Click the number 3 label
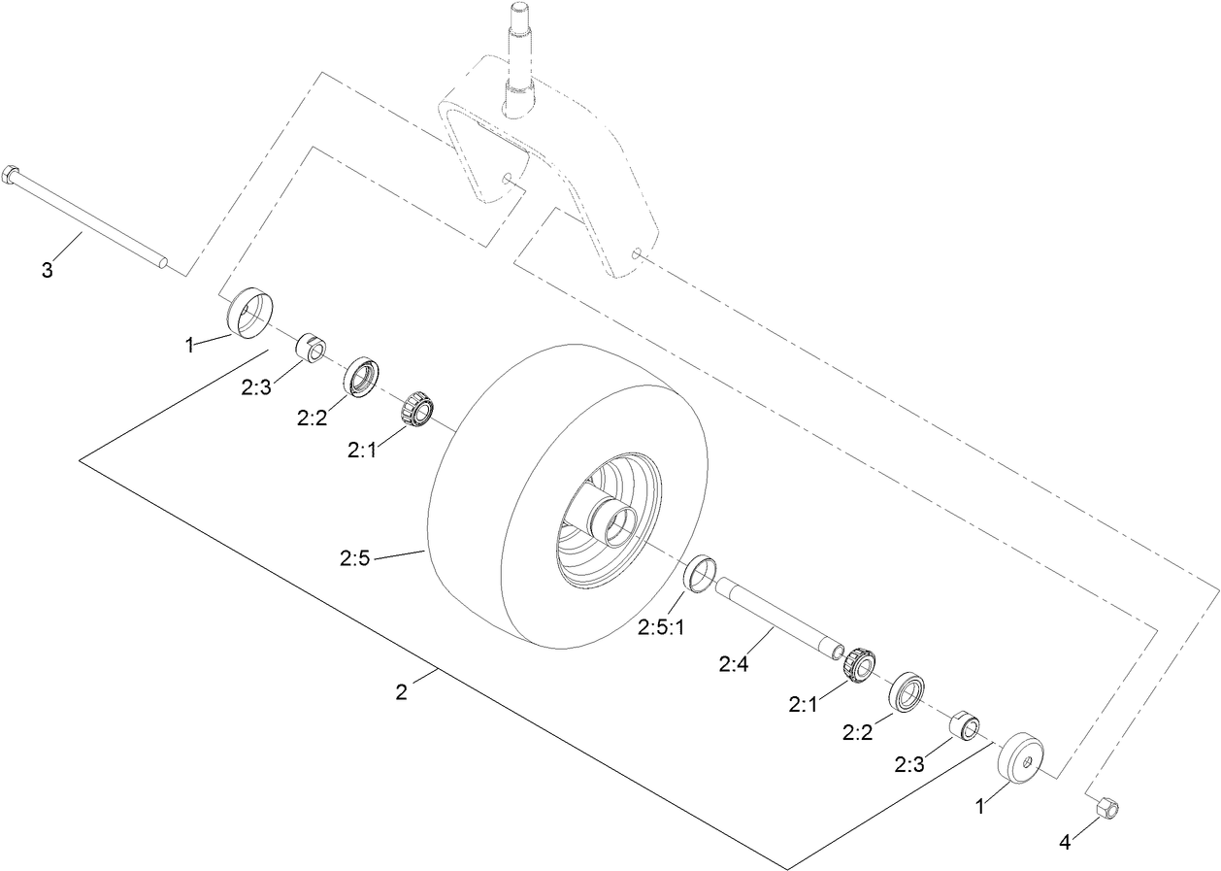click(47, 270)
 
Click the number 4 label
click(1065, 843)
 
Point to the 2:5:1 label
click(661, 628)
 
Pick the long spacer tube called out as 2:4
click(776, 617)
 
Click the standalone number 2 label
click(401, 692)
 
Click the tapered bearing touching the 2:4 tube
click(858, 664)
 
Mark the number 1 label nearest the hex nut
click(980, 806)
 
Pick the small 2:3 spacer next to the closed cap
click(963, 724)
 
